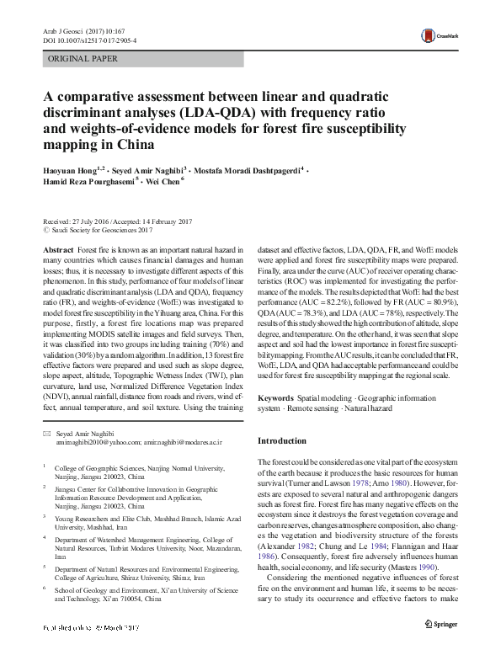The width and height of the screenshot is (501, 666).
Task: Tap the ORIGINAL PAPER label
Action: [84, 58]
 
